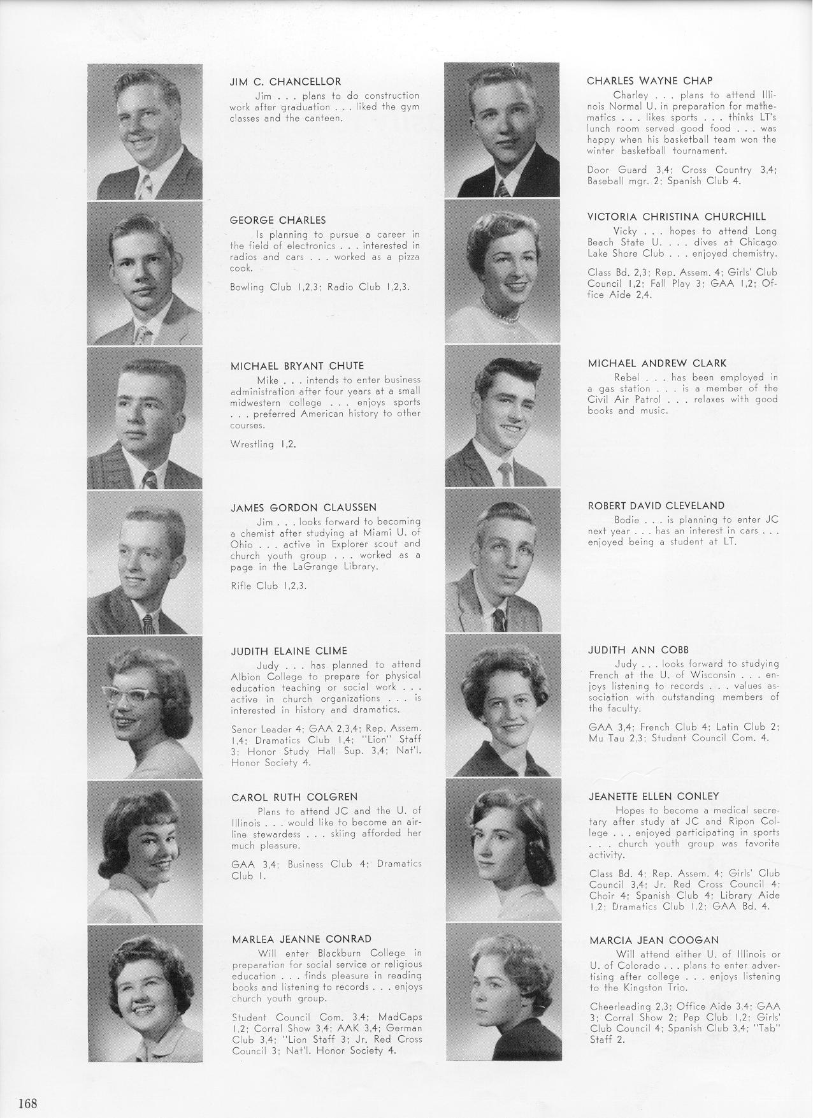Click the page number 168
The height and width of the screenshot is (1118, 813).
click(x=28, y=1085)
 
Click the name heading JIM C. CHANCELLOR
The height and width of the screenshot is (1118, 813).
click(x=285, y=82)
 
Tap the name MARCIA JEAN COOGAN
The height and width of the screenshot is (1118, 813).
click(x=654, y=940)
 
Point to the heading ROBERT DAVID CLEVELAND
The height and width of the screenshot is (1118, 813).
click(x=656, y=505)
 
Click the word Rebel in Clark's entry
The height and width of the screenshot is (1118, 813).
click(x=626, y=377)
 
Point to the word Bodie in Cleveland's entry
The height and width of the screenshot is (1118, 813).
click(x=628, y=519)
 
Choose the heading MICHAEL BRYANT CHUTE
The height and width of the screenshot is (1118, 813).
click(x=297, y=366)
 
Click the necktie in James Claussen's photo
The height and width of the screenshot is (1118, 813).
click(x=148, y=624)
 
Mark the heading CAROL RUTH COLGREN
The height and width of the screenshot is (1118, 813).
click(x=294, y=797)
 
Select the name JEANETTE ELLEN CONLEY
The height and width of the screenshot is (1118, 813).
click(x=654, y=796)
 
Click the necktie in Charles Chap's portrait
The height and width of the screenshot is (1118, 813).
click(x=503, y=189)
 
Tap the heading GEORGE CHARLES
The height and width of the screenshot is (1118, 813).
click(x=277, y=221)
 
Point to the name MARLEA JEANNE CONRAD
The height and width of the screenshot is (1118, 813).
click(x=301, y=939)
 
